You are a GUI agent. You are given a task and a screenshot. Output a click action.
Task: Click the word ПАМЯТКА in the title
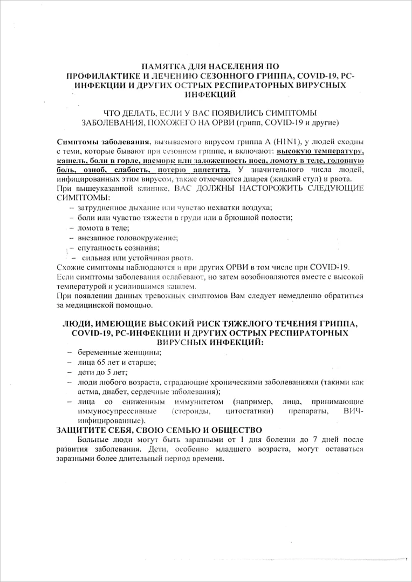(x=157, y=66)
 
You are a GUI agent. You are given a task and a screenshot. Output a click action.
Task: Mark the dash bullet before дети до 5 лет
(x=70, y=372)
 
